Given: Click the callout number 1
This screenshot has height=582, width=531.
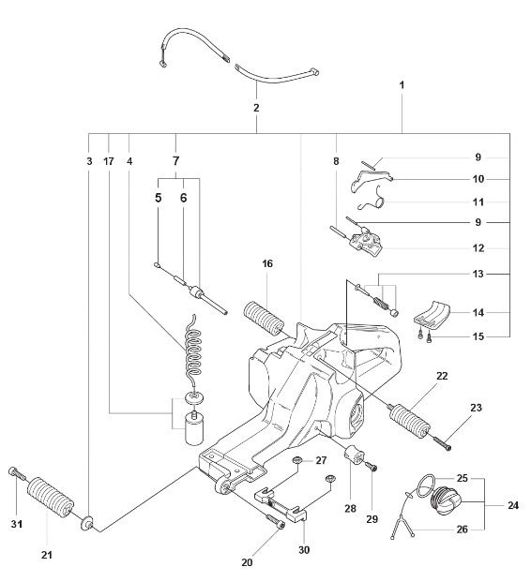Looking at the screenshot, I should click(402, 85).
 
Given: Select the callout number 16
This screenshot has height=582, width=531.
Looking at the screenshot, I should click(267, 265).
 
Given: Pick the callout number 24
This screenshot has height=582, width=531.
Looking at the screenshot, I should click(512, 505).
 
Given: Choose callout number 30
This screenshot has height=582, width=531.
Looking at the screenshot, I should click(302, 549).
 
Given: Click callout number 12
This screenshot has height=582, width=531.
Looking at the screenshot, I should click(478, 248).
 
